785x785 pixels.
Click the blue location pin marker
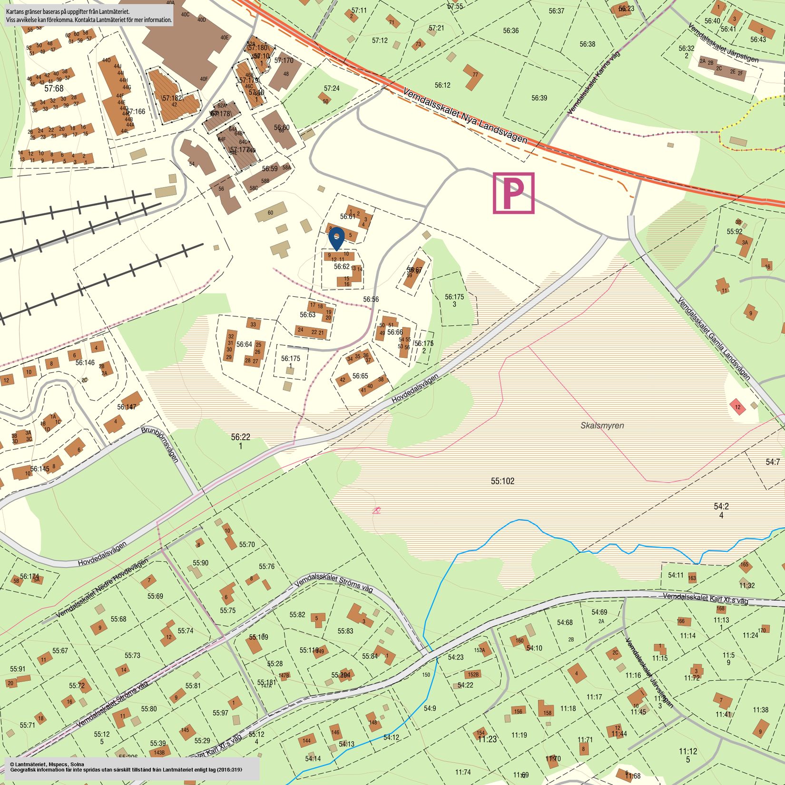pyautogui.click(x=336, y=237)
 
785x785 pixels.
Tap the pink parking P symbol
pyautogui.click(x=513, y=193)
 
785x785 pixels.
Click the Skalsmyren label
pyautogui.click(x=602, y=425)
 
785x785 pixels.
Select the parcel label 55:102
pyautogui.click(x=502, y=481)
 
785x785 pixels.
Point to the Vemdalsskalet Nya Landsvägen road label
pyautogui.click(x=465, y=116)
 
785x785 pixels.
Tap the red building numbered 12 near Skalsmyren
pyautogui.click(x=737, y=407)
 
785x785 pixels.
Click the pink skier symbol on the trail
pyautogui.click(x=376, y=510)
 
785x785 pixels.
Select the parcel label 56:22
pyautogui.click(x=240, y=437)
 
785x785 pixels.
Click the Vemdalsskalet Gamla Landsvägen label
pyautogui.click(x=714, y=339)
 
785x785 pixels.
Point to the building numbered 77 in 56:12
pyautogui.click(x=473, y=77)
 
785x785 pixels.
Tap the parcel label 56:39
pyautogui.click(x=539, y=98)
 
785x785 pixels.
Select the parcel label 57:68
pyautogui.click(x=54, y=88)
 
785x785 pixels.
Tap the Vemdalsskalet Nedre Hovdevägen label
pyautogui.click(x=102, y=588)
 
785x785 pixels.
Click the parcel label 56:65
pyautogui.click(x=360, y=376)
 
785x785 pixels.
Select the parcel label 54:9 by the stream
pyautogui.click(x=430, y=708)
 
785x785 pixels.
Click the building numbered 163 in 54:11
pyautogui.click(x=692, y=578)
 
